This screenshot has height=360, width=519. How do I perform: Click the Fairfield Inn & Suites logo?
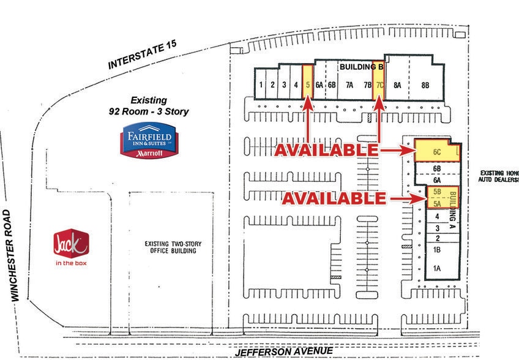[149, 140]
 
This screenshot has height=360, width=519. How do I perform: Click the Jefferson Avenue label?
[285, 351]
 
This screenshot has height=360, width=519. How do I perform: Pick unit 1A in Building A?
[437, 268]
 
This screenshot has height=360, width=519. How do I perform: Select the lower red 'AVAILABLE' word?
[333, 198]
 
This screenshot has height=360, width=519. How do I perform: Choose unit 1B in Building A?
[437, 250]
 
